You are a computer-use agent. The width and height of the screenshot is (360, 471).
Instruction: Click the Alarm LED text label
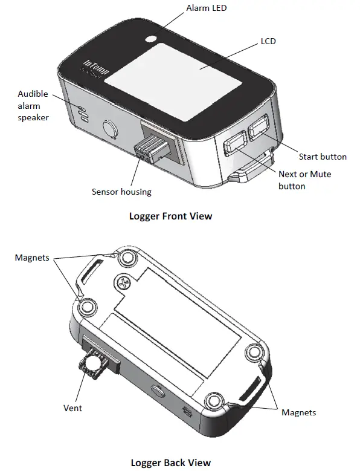tap(207, 8)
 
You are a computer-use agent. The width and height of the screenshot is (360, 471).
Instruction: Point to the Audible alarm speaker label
tap(33, 105)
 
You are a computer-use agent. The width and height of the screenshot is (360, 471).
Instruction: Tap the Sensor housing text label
tap(121, 192)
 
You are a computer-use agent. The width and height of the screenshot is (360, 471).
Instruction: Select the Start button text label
tap(323, 157)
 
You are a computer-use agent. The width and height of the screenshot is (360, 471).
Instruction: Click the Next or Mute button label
tap(304, 180)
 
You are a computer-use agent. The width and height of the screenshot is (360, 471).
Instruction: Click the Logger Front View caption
tap(170, 216)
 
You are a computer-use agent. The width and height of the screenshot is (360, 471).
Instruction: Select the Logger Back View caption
tap(171, 463)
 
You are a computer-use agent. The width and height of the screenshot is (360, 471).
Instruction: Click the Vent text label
tap(72, 408)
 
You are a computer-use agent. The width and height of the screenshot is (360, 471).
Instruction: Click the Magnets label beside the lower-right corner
tap(298, 412)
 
